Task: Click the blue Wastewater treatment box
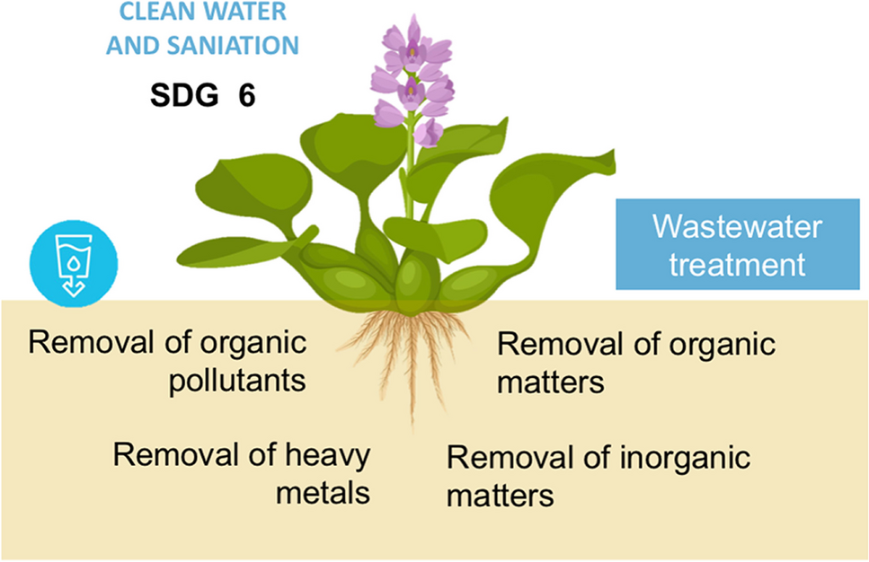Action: (737, 245)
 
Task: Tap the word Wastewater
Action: (737, 226)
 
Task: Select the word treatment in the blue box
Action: (737, 265)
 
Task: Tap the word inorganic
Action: (685, 458)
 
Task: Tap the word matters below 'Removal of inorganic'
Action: (501, 495)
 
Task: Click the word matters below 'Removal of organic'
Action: (551, 382)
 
